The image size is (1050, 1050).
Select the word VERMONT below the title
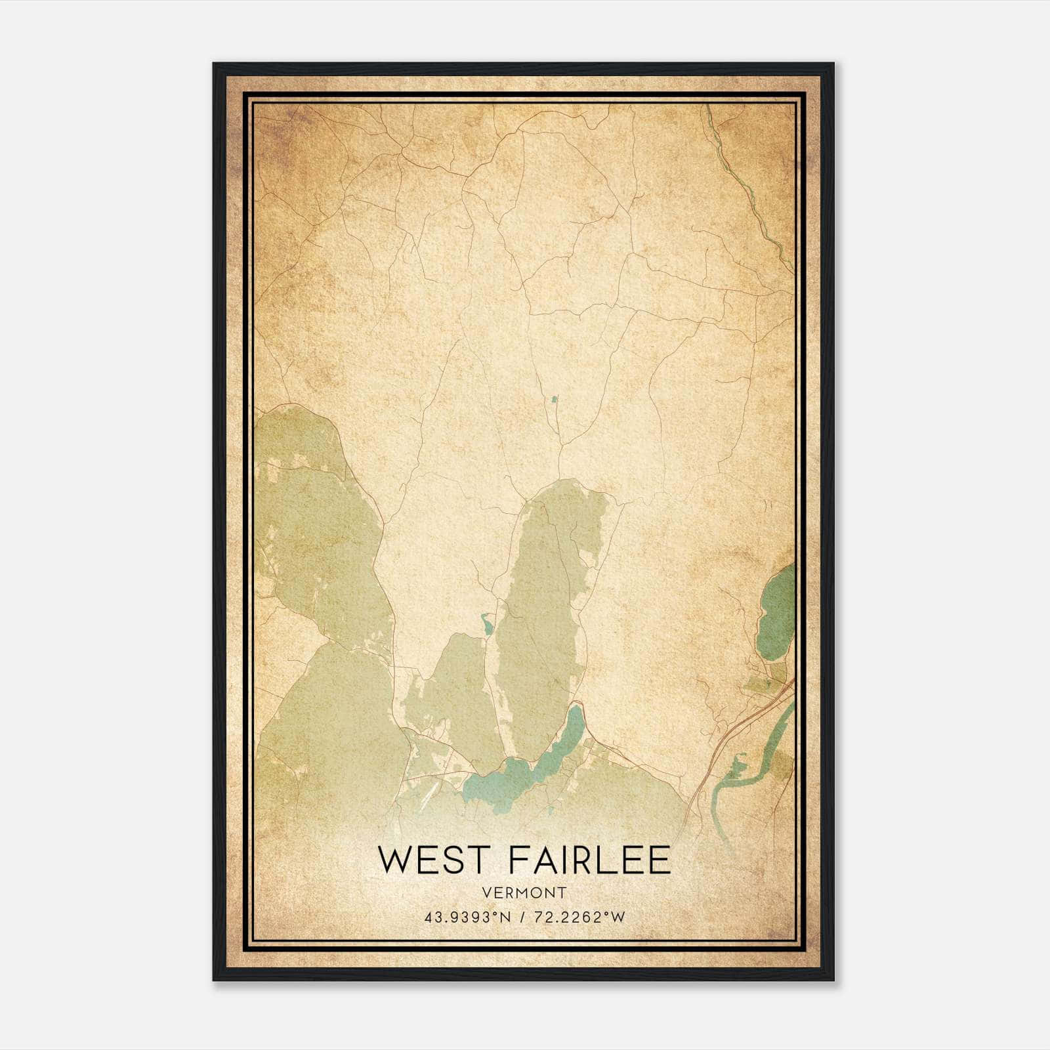tap(524, 893)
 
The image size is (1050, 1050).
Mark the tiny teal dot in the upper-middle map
tap(555, 398)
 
